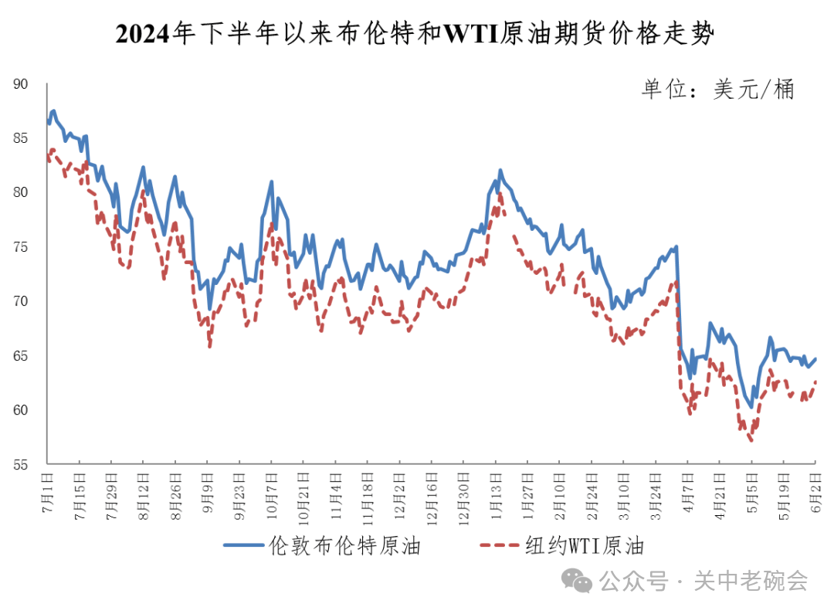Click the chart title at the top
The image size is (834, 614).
click(x=416, y=34)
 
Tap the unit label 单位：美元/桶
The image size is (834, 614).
click(x=717, y=89)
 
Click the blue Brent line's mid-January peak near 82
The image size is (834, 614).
click(x=500, y=170)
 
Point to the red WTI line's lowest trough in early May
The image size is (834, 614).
click(x=751, y=440)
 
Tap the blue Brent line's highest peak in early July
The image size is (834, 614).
click(x=53, y=111)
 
